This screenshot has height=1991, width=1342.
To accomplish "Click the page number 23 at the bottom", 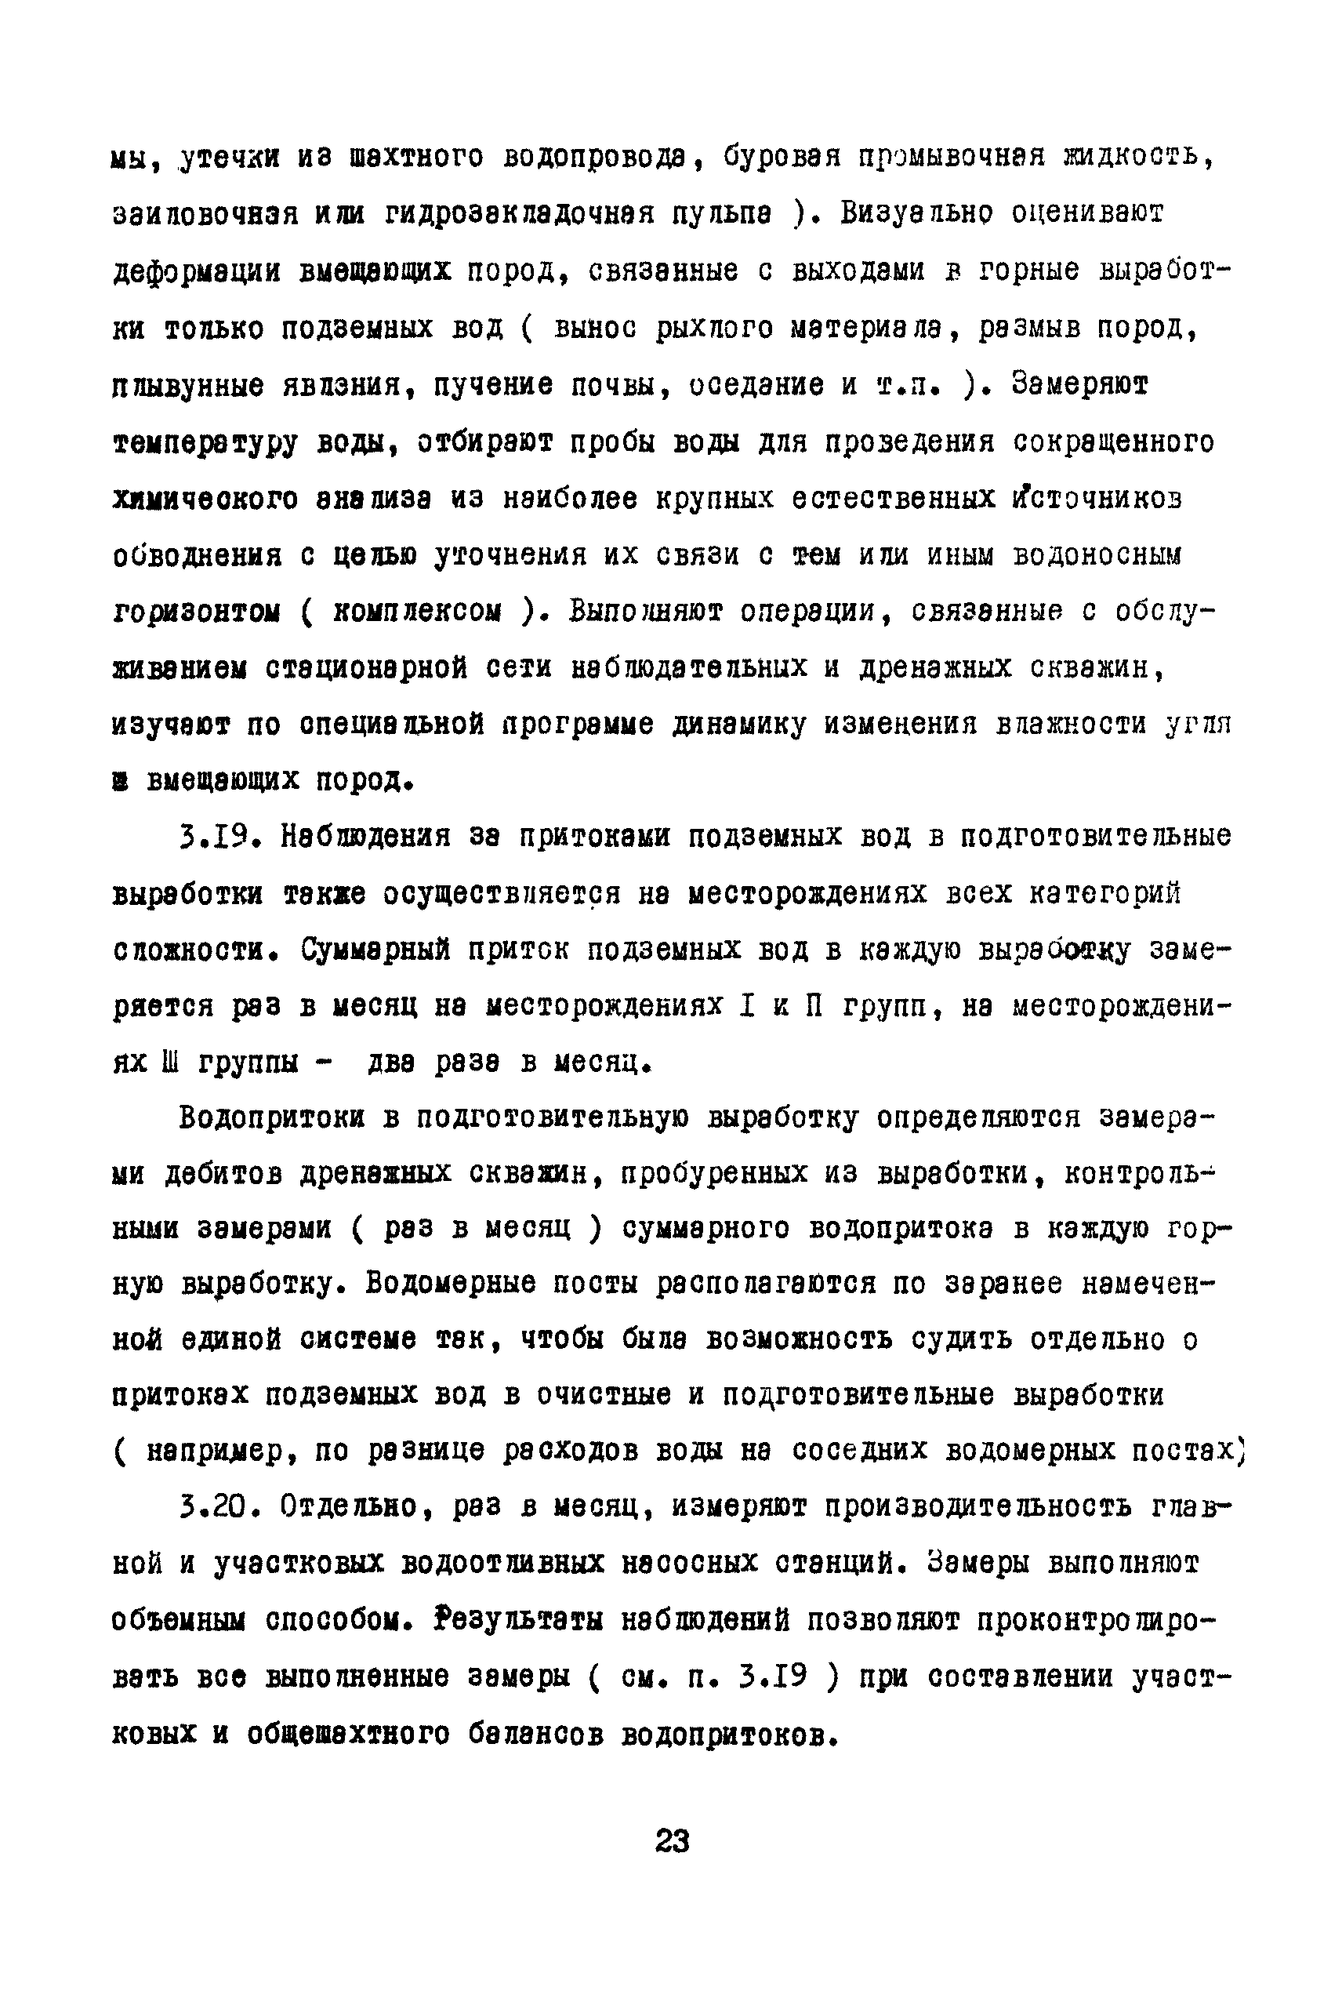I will point(672,1840).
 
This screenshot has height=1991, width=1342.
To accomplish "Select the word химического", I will point(205,499).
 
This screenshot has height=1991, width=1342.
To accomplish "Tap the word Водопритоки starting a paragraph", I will point(271,1118).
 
